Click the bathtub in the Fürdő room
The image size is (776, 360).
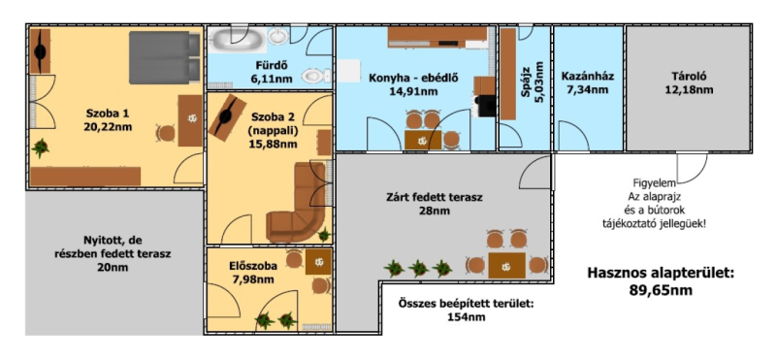(237, 39)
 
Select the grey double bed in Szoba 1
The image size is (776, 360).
(164, 57)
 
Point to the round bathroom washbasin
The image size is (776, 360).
(279, 36)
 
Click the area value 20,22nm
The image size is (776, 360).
(108, 127)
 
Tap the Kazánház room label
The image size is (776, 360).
(588, 77)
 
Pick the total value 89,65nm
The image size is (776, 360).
(662, 290)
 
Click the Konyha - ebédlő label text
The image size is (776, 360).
(414, 78)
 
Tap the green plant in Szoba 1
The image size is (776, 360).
(41, 147)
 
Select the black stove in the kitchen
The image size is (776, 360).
(486, 106)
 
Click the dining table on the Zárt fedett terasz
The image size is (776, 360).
(506, 266)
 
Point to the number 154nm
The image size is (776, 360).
(466, 316)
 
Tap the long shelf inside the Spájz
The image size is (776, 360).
(508, 75)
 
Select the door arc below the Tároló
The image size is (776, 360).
(693, 168)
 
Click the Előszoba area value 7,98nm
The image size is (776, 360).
(253, 279)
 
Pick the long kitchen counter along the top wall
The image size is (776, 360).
(437, 36)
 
